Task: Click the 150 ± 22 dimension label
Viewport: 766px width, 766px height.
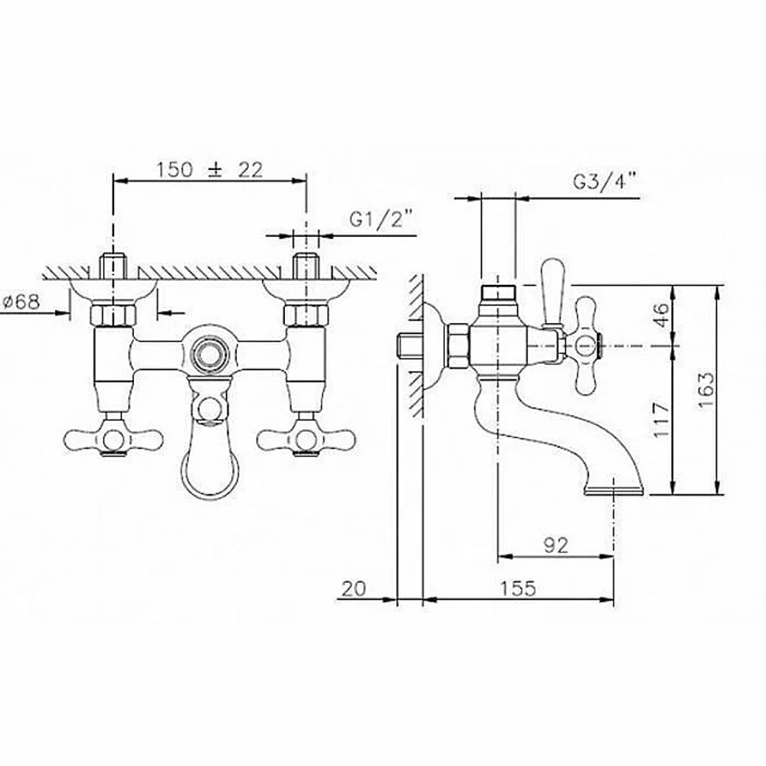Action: click(x=210, y=169)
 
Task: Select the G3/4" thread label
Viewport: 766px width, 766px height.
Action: click(x=604, y=182)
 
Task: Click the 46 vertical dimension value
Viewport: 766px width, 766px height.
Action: click(x=662, y=315)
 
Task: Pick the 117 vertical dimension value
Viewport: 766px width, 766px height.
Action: click(x=662, y=421)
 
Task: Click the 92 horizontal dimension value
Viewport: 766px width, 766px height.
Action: click(x=556, y=545)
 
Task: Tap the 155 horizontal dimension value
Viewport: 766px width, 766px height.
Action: click(x=517, y=588)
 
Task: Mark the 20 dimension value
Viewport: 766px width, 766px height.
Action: click(x=353, y=588)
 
